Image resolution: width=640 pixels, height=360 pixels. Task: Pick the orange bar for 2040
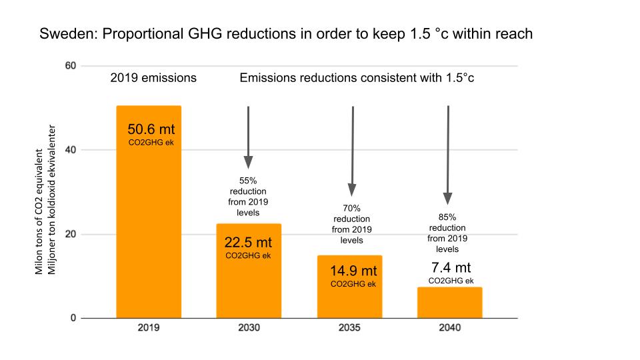click(x=449, y=303)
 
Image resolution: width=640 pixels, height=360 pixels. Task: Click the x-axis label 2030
click(x=248, y=329)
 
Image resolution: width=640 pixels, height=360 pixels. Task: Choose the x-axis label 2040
click(x=449, y=329)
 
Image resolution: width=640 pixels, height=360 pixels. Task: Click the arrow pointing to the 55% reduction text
click(x=248, y=137)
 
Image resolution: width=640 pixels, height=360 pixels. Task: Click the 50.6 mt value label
click(x=151, y=129)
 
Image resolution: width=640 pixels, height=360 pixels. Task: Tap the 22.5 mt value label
click(x=248, y=243)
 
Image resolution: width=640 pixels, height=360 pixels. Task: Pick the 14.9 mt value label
click(x=353, y=271)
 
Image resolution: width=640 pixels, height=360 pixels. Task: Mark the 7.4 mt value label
click(x=449, y=269)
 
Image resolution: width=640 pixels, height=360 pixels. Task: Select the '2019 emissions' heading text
click(x=153, y=78)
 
